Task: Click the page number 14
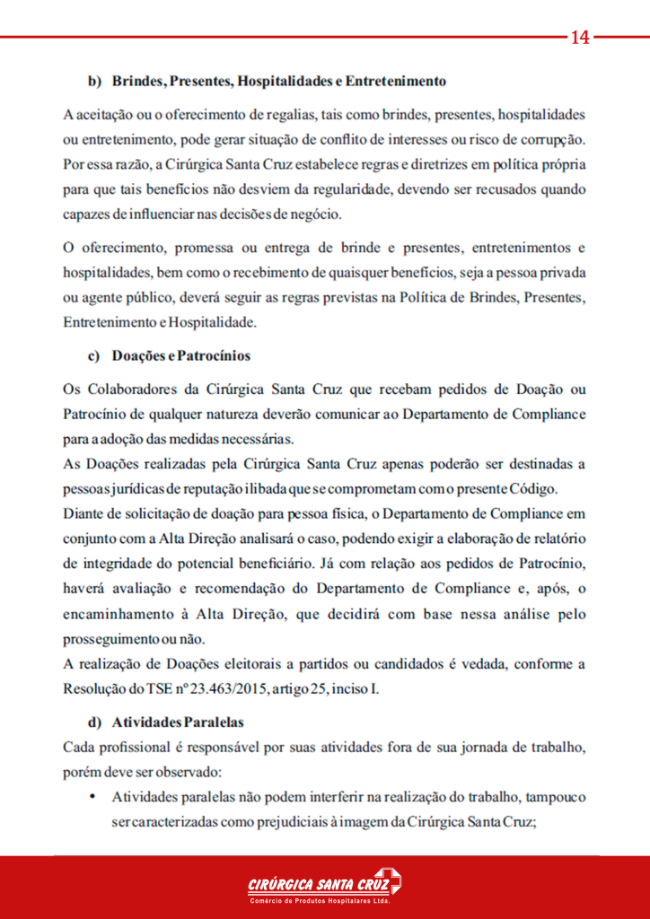pyautogui.click(x=579, y=37)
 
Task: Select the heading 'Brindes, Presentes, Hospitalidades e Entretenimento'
pyautogui.click(x=279, y=81)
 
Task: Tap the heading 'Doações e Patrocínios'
pyautogui.click(x=180, y=355)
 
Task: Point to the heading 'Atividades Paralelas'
pyautogui.click(x=178, y=722)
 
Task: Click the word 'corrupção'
pyautogui.click(x=553, y=140)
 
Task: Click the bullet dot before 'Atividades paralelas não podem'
pyautogui.click(x=92, y=796)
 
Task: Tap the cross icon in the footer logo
pyautogui.click(x=388, y=880)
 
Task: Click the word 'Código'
pyautogui.click(x=535, y=489)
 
